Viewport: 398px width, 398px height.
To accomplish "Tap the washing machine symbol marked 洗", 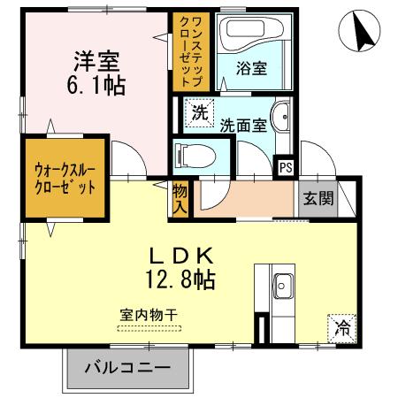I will pyautogui.click(x=200, y=112).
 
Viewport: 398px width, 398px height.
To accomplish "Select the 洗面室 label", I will pyautogui.click(x=242, y=125).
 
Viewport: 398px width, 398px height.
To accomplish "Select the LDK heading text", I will pyautogui.click(x=182, y=256).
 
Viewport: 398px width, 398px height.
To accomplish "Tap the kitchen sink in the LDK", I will pyautogui.click(x=285, y=286).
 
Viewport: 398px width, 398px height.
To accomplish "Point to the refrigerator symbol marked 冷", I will pyautogui.click(x=341, y=328).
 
